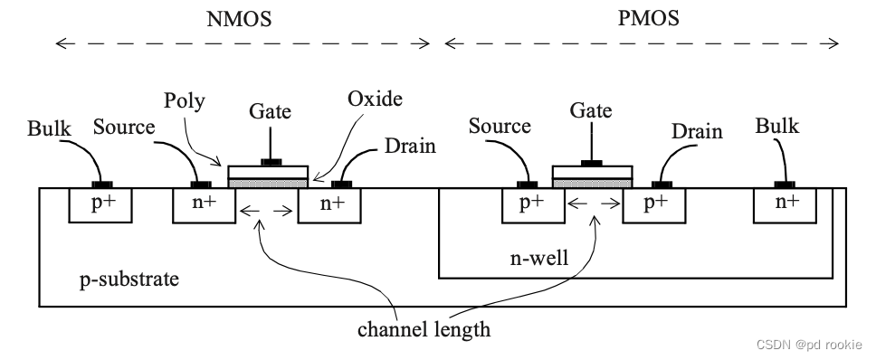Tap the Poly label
(x=185, y=100)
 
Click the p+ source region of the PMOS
(x=532, y=205)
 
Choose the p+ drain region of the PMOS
(x=654, y=205)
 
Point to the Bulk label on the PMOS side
(x=777, y=126)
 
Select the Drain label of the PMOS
(x=697, y=132)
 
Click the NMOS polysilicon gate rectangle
(x=268, y=171)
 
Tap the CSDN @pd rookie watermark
(x=809, y=344)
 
